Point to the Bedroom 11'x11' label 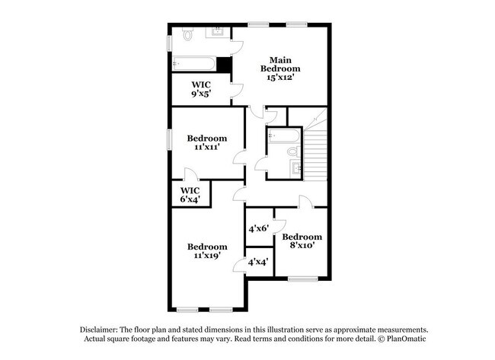(x=207, y=142)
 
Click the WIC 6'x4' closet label (x=190, y=194)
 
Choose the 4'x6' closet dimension (x=258, y=228)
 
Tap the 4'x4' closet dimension (x=258, y=262)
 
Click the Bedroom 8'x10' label (x=302, y=241)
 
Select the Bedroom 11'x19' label (x=207, y=251)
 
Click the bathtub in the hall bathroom (x=282, y=136)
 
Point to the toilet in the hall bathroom (x=292, y=152)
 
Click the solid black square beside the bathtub (x=224, y=65)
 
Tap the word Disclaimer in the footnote (x=102, y=327)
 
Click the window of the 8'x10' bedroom (x=302, y=279)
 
